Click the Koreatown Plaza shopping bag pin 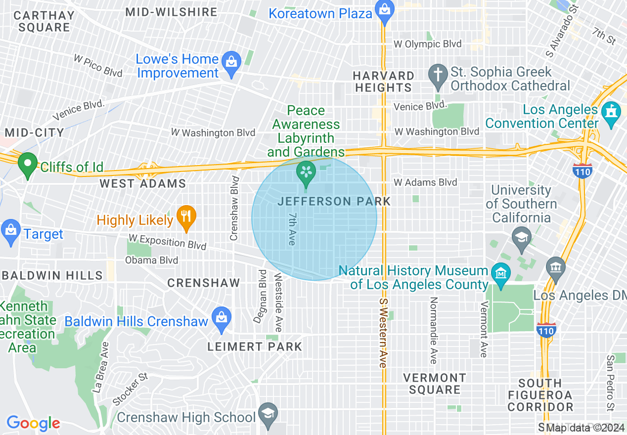[384, 10]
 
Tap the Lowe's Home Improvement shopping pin [231, 63]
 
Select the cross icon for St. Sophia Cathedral [438, 75]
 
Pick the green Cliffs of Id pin [28, 164]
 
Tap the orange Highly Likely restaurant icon [186, 217]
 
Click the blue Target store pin [10, 231]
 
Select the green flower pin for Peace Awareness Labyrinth [306, 173]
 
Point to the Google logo [33, 424]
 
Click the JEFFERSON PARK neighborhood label [334, 201]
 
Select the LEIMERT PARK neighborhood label [254, 347]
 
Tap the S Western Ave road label [383, 333]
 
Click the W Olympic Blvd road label [427, 44]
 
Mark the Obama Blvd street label [151, 260]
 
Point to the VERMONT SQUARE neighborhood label [434, 384]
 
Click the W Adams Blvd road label [425, 182]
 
